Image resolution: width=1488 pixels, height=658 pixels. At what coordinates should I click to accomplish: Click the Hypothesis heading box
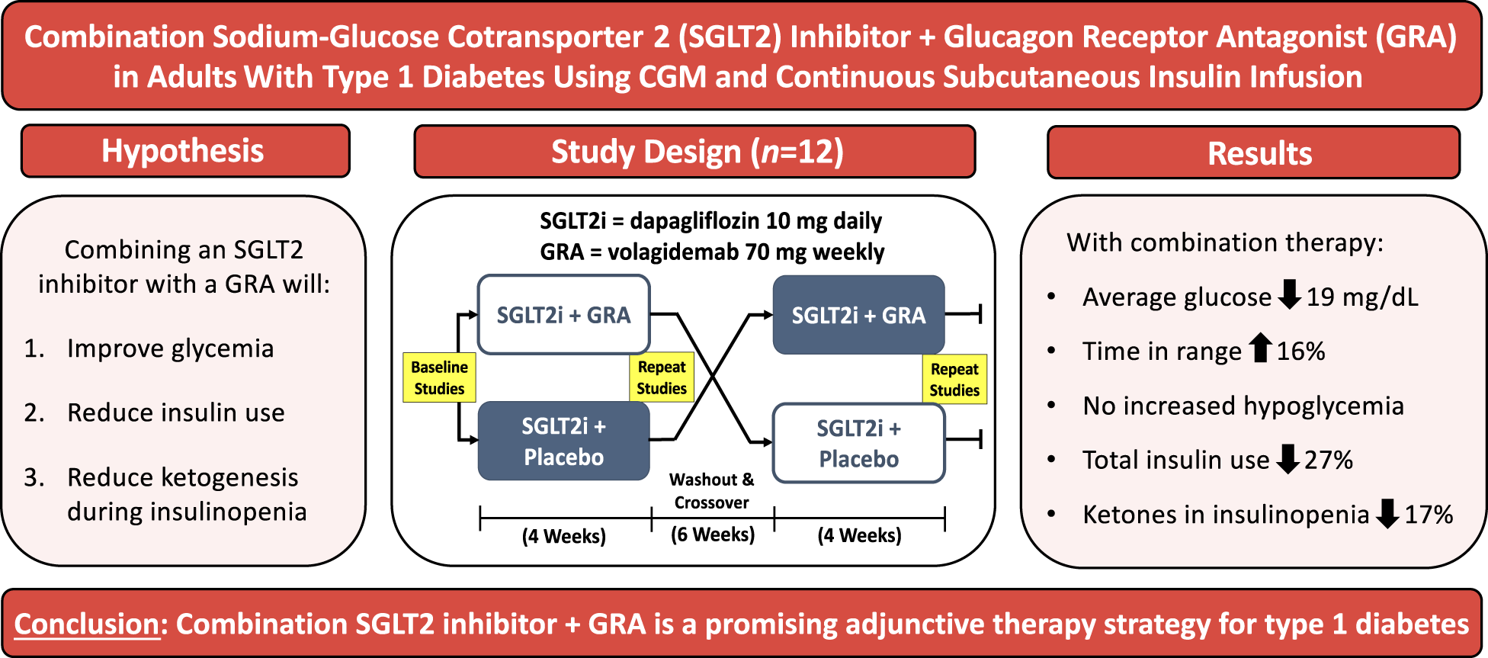185,151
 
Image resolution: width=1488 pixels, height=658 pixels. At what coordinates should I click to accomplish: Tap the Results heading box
1253,153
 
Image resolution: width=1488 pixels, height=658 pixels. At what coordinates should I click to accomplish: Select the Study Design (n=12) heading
694,152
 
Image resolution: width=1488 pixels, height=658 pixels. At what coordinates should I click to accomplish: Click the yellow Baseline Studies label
439,377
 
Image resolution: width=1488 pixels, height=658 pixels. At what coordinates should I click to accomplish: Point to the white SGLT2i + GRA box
563,315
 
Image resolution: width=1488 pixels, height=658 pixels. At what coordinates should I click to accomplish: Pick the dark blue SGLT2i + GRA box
858,315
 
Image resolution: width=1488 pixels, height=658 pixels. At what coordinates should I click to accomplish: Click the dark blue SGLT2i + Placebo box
563,441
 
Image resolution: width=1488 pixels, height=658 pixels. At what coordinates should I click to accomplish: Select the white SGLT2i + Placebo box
858,443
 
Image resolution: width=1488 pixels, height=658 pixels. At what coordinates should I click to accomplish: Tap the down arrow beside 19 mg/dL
1289,294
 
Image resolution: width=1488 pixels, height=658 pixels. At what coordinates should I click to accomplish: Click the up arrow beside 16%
1261,348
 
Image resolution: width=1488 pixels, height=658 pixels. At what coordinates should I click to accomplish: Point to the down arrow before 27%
1288,458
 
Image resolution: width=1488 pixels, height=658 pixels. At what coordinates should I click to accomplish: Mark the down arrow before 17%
1388,513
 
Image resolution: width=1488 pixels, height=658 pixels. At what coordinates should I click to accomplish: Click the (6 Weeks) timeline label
713,534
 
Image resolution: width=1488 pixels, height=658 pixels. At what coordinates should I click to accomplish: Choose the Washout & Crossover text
712,491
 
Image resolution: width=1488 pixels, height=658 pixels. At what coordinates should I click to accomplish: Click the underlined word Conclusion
86,624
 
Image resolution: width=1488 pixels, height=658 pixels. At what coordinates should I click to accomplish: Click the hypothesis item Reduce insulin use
175,412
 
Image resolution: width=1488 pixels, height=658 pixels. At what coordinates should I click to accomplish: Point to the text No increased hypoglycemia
1243,406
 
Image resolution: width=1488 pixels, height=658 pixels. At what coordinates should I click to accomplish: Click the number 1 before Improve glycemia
31,348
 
